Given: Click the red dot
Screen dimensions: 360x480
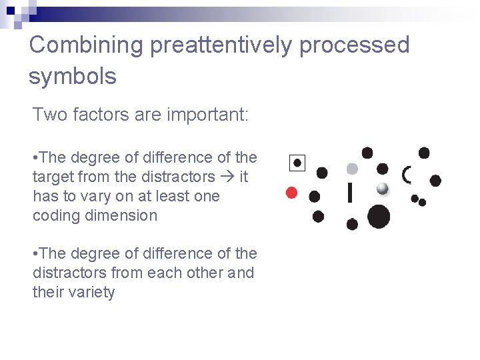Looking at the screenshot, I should [291, 193].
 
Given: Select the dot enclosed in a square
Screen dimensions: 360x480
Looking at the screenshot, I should [297, 162].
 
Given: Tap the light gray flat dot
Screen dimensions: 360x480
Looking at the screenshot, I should [352, 169].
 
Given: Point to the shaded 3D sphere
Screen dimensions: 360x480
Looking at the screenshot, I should [382, 189].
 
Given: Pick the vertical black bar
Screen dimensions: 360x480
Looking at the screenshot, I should [350, 193].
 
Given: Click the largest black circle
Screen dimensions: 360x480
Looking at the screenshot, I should [379, 217].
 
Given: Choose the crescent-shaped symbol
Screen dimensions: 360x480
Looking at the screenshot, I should [407, 175].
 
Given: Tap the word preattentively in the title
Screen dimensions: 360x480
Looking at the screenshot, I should [221, 45].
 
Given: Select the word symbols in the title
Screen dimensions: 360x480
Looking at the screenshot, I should [72, 76].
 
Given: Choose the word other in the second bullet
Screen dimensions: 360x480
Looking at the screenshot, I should [203, 273].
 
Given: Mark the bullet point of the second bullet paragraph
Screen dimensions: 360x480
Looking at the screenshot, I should [35, 253].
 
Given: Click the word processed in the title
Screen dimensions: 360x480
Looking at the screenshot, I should [355, 45].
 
